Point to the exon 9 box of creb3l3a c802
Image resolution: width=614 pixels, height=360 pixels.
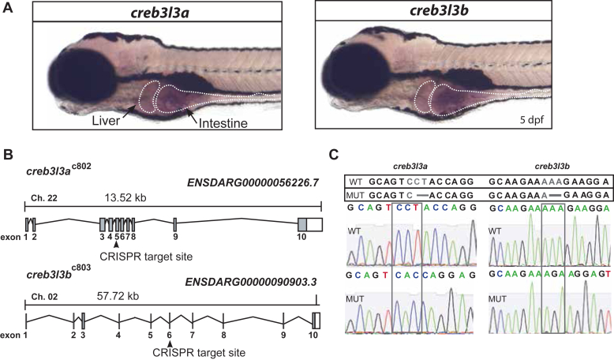pyautogui.click(x=175, y=223)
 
